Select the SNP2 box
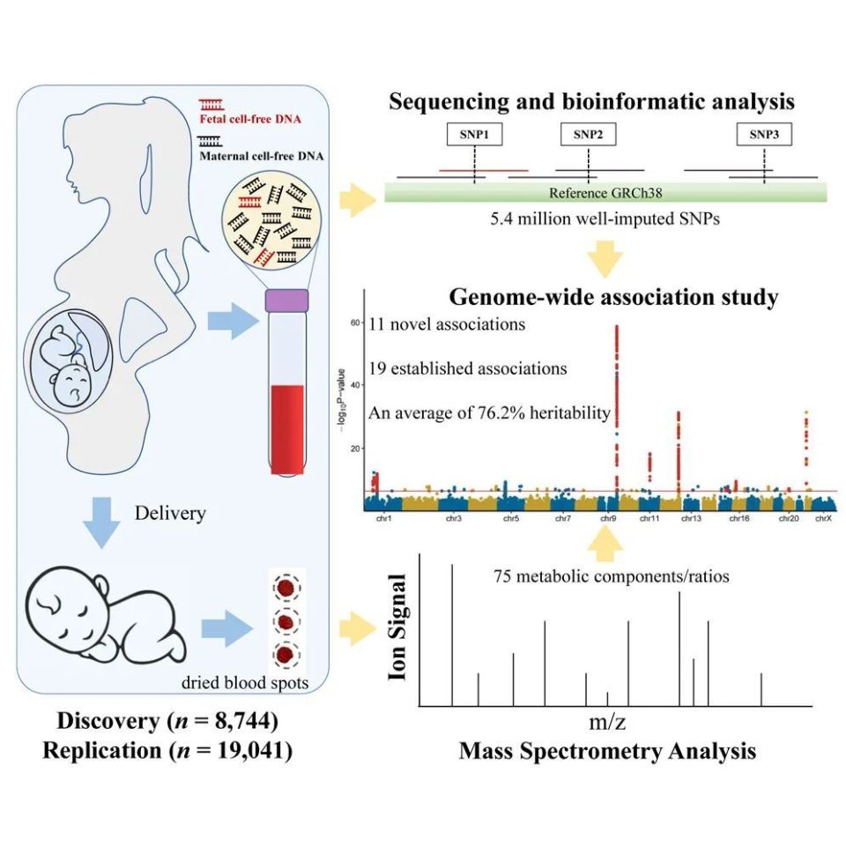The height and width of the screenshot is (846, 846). click(588, 134)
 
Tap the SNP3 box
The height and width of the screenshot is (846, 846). click(764, 134)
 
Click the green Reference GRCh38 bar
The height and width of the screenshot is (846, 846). click(605, 193)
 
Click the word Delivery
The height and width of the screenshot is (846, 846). click(170, 512)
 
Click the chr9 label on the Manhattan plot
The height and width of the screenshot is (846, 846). click(609, 520)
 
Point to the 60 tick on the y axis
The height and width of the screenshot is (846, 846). click(355, 323)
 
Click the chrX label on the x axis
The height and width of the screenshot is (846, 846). click(823, 520)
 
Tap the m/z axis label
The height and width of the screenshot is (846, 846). click(607, 724)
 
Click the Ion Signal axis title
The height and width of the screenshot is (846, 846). click(398, 627)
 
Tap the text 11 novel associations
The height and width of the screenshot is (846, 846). click(444, 324)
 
